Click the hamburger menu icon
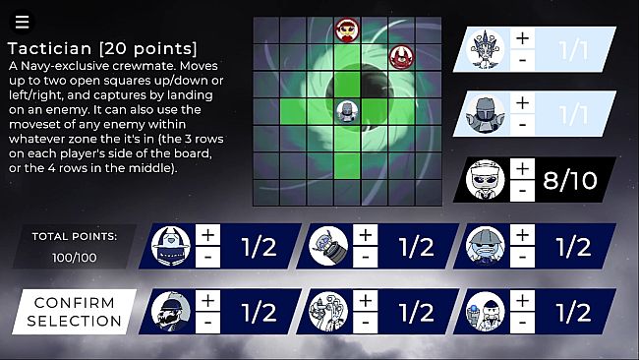click(22, 22)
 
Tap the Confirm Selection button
click(74, 312)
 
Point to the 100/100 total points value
click(75, 258)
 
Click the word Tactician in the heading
click(49, 48)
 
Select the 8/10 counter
click(570, 180)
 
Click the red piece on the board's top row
click(347, 30)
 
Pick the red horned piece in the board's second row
click(401, 57)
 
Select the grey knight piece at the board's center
click(347, 112)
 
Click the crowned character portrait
click(485, 50)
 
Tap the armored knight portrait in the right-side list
click(485, 114)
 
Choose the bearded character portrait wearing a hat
click(171, 311)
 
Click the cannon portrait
click(328, 246)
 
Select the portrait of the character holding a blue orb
click(485, 311)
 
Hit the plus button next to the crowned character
click(522, 38)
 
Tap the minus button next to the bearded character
click(207, 323)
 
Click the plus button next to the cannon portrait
click(365, 235)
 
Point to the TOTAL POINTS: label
click(75, 236)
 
